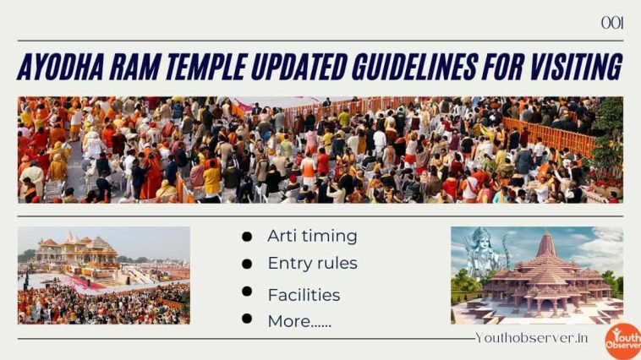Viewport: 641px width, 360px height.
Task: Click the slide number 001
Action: pyautogui.click(x=612, y=23)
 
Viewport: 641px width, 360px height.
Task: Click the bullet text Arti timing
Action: pyautogui.click(x=312, y=237)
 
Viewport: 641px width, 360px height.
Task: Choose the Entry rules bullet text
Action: pyautogui.click(x=312, y=264)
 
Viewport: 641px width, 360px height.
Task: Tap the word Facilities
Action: pyautogui.click(x=304, y=295)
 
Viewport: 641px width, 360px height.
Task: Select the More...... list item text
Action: pyautogui.click(x=299, y=321)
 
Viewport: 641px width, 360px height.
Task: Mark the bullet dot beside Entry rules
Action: pyautogui.click(x=247, y=265)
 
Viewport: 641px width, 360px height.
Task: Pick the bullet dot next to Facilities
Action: pyautogui.click(x=247, y=292)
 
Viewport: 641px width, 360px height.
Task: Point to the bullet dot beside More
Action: pyautogui.click(x=247, y=319)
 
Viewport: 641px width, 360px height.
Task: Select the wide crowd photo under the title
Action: pyautogui.click(x=320, y=150)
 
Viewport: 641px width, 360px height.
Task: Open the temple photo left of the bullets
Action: pyautogui.click(x=104, y=275)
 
